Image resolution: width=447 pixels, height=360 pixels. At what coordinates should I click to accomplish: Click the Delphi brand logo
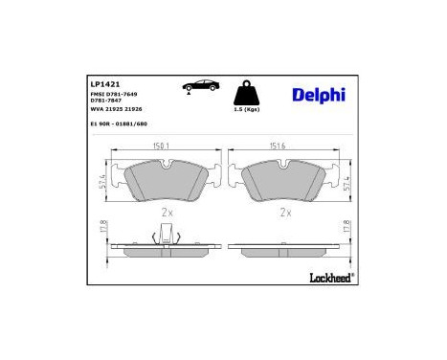pos(313,94)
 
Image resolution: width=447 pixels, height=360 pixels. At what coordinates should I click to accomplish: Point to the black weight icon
pos(247,94)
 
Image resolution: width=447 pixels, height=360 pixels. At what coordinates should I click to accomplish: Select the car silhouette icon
pos(197,88)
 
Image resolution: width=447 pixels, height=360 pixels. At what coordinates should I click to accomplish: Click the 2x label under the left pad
pos(167,212)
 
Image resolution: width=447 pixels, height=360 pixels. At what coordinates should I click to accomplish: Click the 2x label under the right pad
pos(285,212)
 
